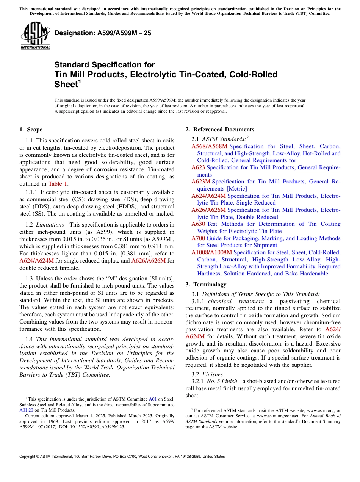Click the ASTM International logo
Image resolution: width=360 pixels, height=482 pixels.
tap(35, 36)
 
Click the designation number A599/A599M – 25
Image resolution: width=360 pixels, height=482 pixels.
tap(103, 33)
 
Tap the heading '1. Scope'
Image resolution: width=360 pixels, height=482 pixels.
tap(31, 130)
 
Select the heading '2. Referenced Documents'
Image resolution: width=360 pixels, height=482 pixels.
tap(219, 130)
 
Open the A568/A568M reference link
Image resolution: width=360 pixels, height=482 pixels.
tap(209, 146)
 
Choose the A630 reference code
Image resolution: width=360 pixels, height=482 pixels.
tap(198, 224)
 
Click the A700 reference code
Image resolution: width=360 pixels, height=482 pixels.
tap(198, 238)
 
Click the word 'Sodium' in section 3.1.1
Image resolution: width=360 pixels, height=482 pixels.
tap(331, 315)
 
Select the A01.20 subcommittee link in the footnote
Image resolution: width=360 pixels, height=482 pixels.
tap(25, 410)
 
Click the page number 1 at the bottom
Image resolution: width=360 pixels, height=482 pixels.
tap(180, 465)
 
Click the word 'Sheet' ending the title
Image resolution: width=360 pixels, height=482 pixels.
tap(66, 84)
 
